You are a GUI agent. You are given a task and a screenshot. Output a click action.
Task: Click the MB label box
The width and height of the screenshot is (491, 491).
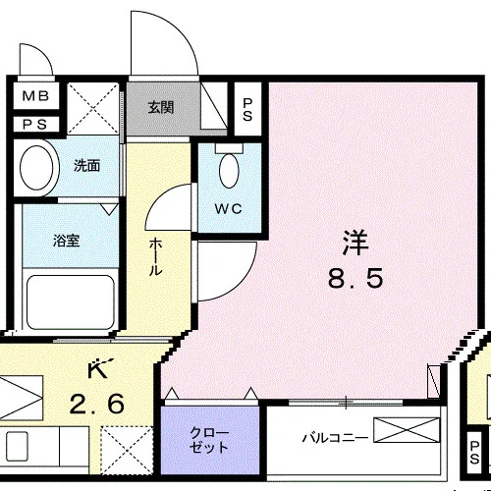click(x=36, y=95)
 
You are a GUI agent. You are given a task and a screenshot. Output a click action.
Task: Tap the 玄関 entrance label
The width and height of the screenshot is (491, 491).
click(x=161, y=107)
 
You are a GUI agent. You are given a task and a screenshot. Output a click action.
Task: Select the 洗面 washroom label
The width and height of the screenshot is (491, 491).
click(x=86, y=166)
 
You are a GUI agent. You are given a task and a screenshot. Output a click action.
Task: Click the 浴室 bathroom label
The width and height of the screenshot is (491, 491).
click(x=67, y=241)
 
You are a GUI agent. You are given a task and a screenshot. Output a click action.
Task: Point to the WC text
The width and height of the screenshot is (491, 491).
click(x=229, y=208)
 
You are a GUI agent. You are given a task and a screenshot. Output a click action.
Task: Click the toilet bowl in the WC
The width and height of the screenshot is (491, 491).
click(x=229, y=171)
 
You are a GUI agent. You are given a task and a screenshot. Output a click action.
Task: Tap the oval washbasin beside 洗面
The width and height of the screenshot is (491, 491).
click(x=36, y=168)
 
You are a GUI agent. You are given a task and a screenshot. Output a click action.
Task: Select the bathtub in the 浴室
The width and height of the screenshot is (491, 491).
click(x=71, y=302)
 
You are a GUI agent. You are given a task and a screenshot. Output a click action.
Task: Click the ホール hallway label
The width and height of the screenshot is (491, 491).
click(x=156, y=257)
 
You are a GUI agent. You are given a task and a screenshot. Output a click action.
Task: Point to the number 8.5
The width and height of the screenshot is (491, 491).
click(x=355, y=278)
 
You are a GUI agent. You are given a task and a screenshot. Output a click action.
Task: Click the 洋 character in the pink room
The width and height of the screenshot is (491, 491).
click(x=355, y=243)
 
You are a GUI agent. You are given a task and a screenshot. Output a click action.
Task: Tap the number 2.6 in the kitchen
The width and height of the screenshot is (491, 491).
click(x=97, y=404)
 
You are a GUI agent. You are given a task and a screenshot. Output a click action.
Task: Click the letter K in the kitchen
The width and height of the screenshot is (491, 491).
click(x=98, y=369)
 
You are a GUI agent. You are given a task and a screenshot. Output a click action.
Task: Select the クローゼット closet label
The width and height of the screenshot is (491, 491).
click(x=209, y=440)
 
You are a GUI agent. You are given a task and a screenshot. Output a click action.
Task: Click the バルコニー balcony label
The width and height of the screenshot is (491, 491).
click(x=335, y=438)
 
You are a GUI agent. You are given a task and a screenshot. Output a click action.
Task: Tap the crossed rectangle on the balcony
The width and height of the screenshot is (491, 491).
click(x=407, y=430)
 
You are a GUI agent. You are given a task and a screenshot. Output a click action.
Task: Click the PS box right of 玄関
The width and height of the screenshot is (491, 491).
click(x=247, y=109)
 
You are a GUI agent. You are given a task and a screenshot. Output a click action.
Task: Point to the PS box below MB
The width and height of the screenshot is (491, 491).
click(x=36, y=125)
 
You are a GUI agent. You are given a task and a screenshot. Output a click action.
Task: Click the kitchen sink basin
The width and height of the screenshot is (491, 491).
click(x=17, y=446)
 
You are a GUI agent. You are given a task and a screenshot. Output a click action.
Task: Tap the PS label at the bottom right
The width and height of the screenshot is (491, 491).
click(x=474, y=453)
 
